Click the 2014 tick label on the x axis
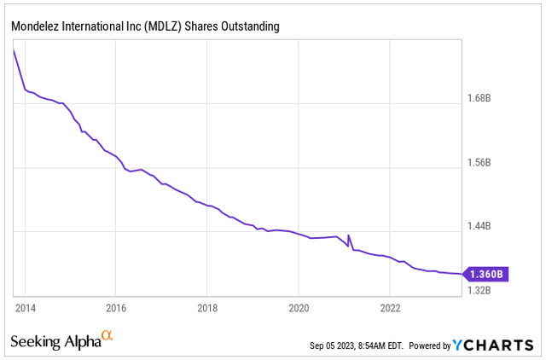tap(25, 307)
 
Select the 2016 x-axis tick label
tap(116, 307)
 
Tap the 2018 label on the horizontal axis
tap(207, 307)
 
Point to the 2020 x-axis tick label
tap(299, 307)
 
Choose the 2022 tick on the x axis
tap(390, 307)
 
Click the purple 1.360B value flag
tap(487, 274)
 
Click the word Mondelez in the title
tap(35, 27)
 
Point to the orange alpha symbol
tap(107, 336)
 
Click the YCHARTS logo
tap(496, 345)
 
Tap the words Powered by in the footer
tap(430, 345)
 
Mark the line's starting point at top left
tap(14, 51)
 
